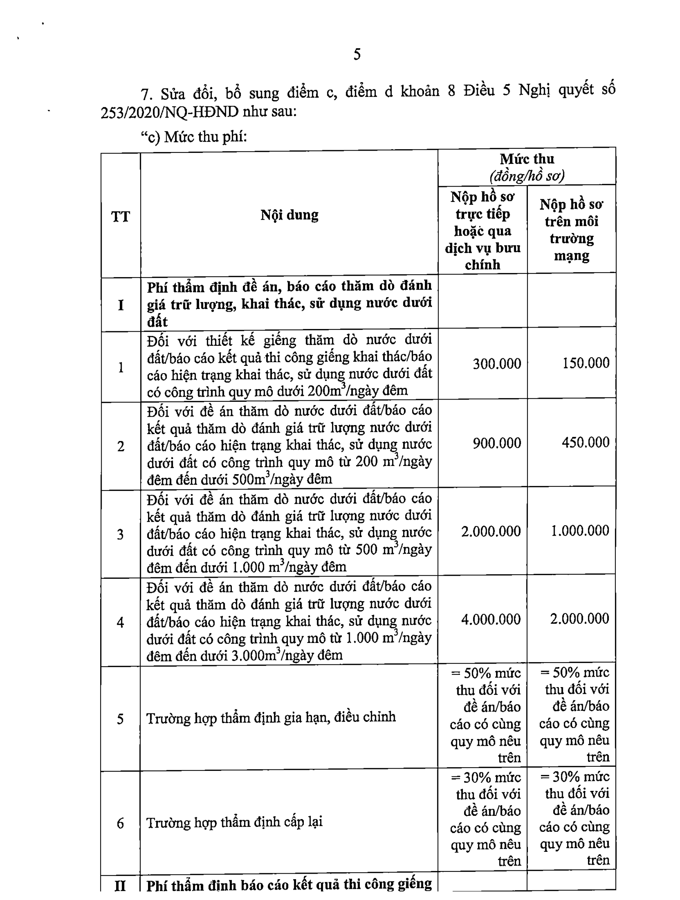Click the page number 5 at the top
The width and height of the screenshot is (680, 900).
pos(357,54)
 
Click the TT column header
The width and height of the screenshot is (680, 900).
pos(121,216)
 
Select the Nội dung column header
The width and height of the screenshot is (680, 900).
pos(289,215)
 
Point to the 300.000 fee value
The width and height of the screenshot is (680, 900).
pos(496,363)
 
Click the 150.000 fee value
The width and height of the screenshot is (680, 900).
pos(586,363)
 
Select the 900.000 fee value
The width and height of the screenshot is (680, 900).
pos(496,443)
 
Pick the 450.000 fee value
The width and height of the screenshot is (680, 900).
pos(586,442)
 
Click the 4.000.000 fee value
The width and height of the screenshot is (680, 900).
pos(491,619)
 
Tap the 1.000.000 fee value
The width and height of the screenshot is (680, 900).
pos(580,531)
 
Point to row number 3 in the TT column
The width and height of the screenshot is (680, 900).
pos(120,534)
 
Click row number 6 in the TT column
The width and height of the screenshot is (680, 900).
pos(120,824)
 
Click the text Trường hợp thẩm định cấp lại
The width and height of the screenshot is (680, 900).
pos(234,822)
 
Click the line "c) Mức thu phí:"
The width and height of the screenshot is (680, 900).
pos(194,137)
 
